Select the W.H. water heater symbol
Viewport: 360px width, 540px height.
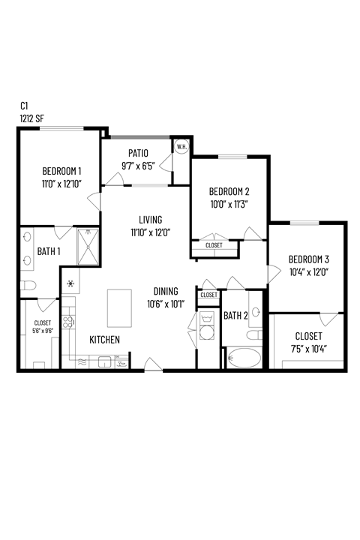pyautogui.click(x=181, y=147)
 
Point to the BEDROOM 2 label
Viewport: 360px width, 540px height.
pyautogui.click(x=229, y=190)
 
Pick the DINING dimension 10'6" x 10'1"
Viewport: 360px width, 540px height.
pyautogui.click(x=164, y=304)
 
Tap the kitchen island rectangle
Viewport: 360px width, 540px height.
pyautogui.click(x=119, y=307)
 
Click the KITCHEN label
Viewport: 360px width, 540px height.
pyautogui.click(x=104, y=340)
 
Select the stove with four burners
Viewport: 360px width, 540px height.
pyautogui.click(x=67, y=322)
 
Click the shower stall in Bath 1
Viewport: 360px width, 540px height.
pyautogui.click(x=88, y=246)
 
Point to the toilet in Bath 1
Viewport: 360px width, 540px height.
pyautogui.click(x=28, y=285)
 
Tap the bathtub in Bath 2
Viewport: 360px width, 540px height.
pyautogui.click(x=243, y=358)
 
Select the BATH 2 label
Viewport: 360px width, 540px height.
pyautogui.click(x=235, y=316)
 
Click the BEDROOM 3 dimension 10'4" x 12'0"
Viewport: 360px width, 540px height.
pyautogui.click(x=309, y=272)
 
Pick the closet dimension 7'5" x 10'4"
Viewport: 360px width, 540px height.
pyautogui.click(x=308, y=349)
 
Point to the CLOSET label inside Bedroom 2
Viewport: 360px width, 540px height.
pyautogui.click(x=214, y=245)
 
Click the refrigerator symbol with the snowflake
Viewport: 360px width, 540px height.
pyautogui.click(x=70, y=283)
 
